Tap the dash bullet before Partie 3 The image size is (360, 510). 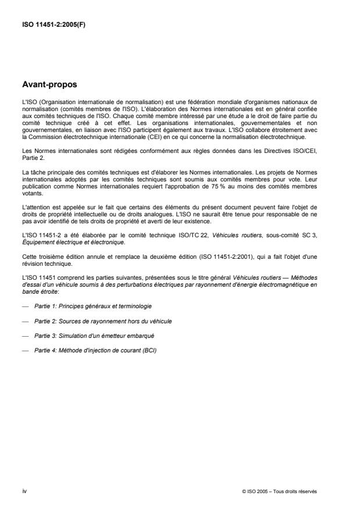click(x=26, y=336)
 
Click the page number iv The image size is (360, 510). click(x=24, y=491)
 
